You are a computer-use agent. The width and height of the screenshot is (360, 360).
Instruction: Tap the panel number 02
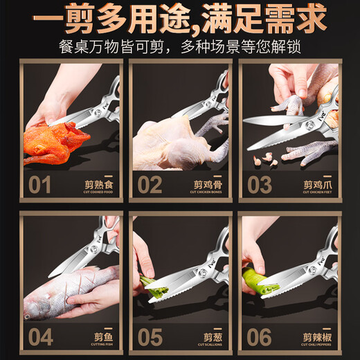pyautogui.click(x=150, y=185)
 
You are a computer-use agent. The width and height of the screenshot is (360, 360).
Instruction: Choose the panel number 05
pyautogui.click(x=150, y=337)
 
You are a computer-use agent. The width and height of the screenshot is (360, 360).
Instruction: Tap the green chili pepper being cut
pyautogui.click(x=258, y=280)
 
